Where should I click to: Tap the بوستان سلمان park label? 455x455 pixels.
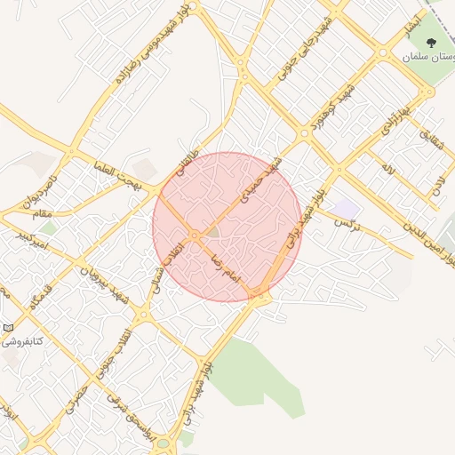(x=427, y=56)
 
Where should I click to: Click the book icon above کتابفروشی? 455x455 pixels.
(x=8, y=327)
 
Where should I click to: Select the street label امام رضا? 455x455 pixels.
(x=226, y=266)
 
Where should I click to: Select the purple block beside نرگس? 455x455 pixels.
(x=347, y=208)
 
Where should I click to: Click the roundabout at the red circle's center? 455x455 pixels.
(x=194, y=235)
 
